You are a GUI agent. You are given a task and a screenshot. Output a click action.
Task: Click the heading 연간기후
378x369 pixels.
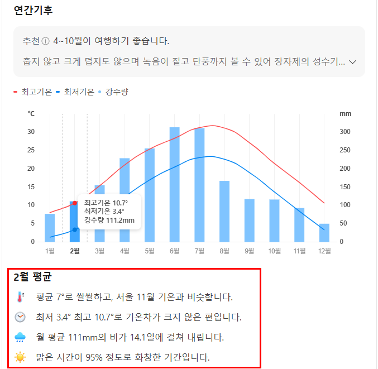34,10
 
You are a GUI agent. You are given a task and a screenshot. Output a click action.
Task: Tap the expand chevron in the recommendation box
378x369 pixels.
352,62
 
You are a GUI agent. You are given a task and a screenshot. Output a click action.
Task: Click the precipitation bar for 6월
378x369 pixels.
175,184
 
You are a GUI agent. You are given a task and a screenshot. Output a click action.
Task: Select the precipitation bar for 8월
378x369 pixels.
224,211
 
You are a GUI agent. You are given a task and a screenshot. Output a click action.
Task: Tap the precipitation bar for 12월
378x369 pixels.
324,232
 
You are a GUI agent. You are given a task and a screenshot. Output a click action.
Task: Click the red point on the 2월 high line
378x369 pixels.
75,203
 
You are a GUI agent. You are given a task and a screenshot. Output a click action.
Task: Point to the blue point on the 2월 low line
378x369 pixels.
75,229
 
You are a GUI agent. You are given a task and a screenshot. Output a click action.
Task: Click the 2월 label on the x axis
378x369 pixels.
75,251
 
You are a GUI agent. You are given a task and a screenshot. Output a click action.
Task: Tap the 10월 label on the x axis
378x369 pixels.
274,251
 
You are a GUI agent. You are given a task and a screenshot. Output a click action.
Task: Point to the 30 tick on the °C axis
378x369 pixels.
31,132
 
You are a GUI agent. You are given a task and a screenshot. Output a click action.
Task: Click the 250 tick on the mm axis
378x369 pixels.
346,150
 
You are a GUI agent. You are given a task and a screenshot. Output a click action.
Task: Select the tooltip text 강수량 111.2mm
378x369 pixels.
109,221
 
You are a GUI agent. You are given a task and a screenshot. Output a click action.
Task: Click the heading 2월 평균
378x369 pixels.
32,277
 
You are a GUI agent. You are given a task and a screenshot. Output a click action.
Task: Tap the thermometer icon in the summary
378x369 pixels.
20,296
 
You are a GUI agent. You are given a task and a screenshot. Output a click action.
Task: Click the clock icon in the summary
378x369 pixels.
20,317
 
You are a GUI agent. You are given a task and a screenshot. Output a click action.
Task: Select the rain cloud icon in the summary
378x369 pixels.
20,337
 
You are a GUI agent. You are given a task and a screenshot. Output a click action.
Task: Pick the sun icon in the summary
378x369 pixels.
20,357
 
